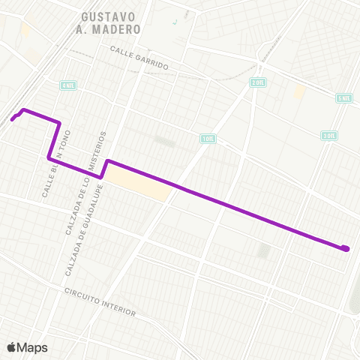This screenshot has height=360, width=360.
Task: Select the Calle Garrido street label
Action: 139,58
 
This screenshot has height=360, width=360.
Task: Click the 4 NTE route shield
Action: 69,85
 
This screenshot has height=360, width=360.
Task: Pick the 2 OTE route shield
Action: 258,82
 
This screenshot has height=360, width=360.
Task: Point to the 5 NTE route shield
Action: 344,98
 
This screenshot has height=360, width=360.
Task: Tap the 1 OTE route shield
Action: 208,138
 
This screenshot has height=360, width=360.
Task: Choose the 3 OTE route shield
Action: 329,136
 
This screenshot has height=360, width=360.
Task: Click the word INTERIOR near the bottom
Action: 119,310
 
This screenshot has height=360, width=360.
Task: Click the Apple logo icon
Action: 11,347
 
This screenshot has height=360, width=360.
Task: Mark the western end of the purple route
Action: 13,118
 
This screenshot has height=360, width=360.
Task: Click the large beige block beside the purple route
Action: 139,184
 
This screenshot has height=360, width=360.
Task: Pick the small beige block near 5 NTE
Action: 299,91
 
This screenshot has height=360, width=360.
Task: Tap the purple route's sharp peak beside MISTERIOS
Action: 108,160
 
